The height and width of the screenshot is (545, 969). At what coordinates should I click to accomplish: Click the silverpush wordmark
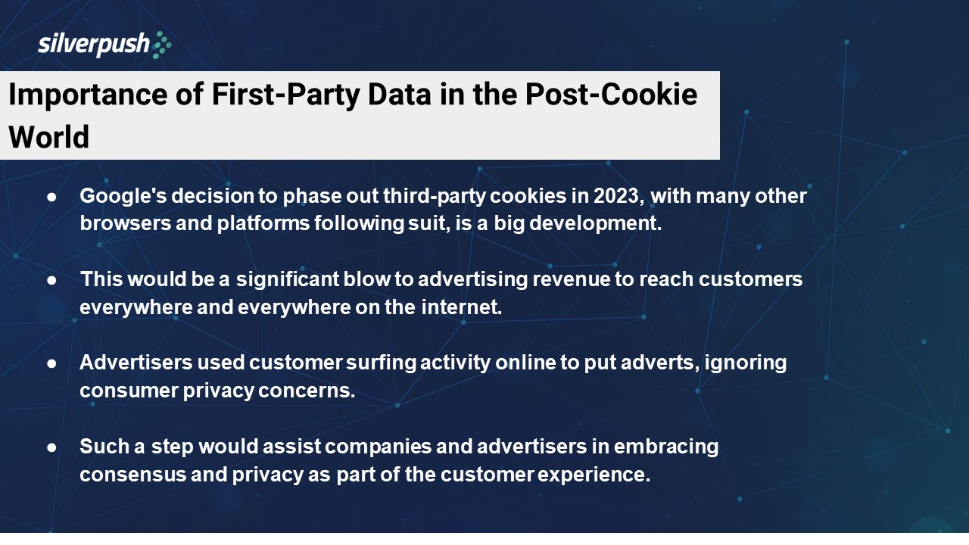[93, 44]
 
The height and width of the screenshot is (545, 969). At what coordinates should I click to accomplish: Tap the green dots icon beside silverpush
[162, 45]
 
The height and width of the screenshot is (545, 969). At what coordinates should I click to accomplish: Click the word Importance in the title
[88, 95]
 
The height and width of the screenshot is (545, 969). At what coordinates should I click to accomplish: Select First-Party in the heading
[285, 95]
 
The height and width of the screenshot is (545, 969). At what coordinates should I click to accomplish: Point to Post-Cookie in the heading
[611, 94]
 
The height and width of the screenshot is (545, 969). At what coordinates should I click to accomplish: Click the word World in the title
[49, 137]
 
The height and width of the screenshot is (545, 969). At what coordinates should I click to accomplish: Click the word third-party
[435, 197]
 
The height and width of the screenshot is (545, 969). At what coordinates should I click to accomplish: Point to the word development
[595, 224]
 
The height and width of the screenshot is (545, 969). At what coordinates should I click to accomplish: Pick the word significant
[288, 280]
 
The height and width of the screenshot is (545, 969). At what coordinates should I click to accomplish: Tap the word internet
[462, 307]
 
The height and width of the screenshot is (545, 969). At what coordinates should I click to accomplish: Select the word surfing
[381, 363]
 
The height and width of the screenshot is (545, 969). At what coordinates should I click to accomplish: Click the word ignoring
[746, 363]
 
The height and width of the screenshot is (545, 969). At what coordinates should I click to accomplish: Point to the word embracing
[666, 447]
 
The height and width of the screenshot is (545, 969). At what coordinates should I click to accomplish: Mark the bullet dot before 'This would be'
[51, 280]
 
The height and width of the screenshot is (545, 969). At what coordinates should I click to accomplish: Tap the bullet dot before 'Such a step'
[51, 447]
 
